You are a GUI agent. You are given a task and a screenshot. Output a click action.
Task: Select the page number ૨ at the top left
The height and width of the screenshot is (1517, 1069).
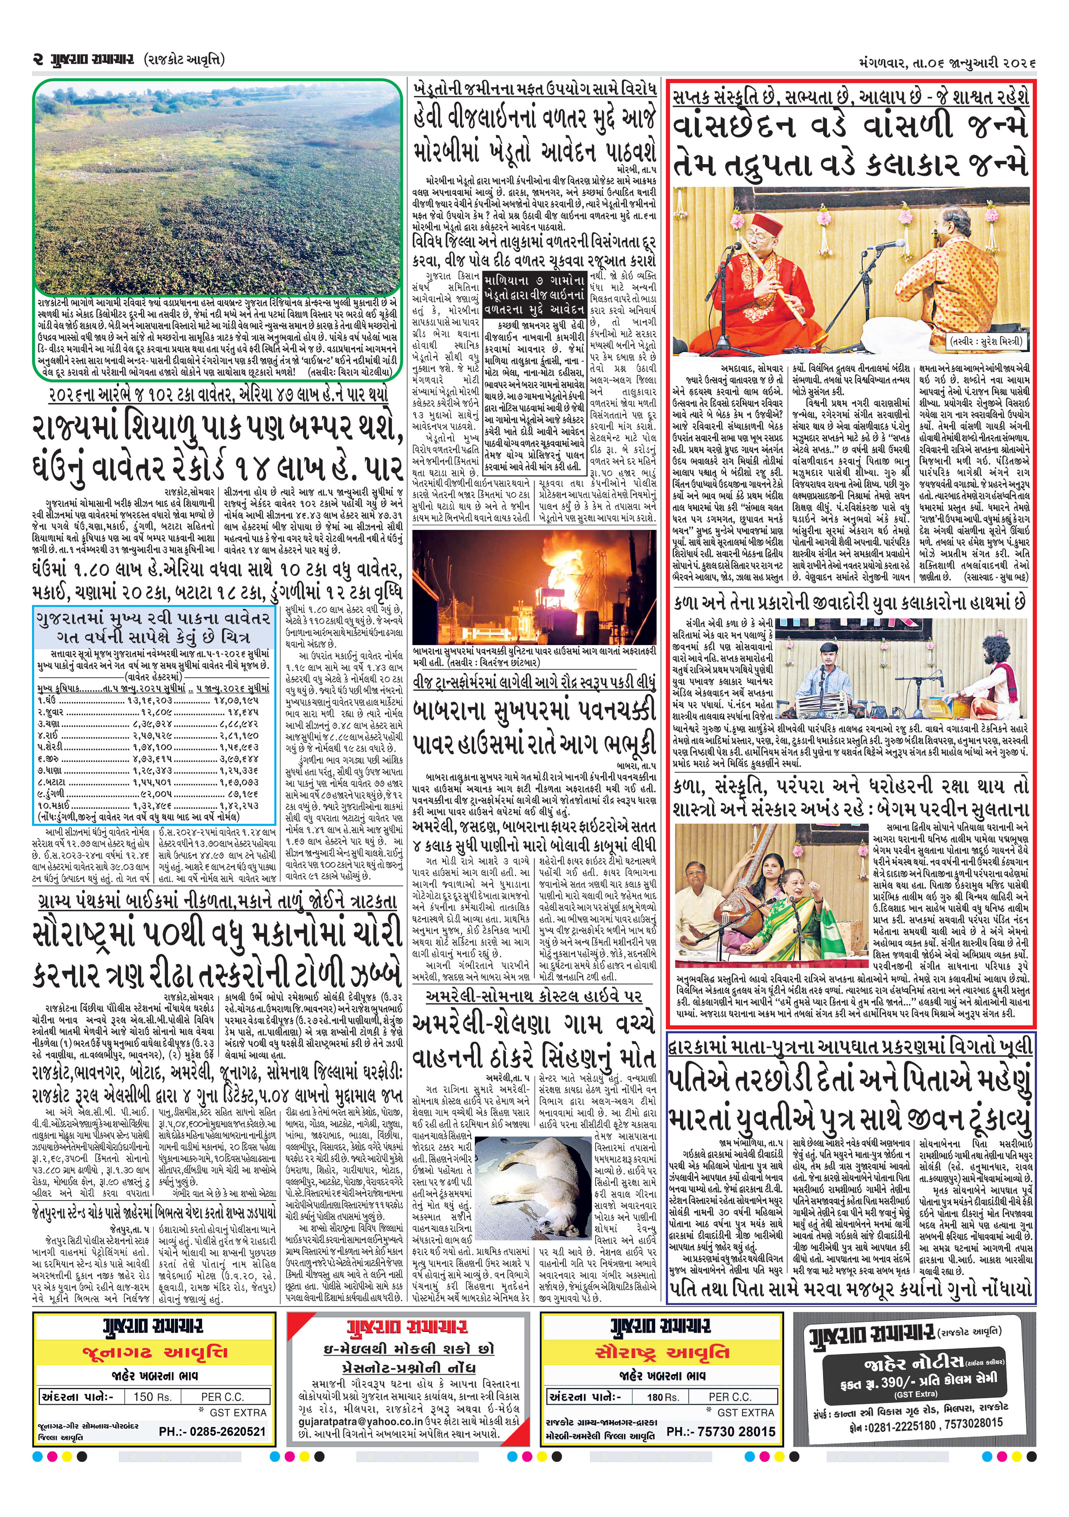click(38, 60)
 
